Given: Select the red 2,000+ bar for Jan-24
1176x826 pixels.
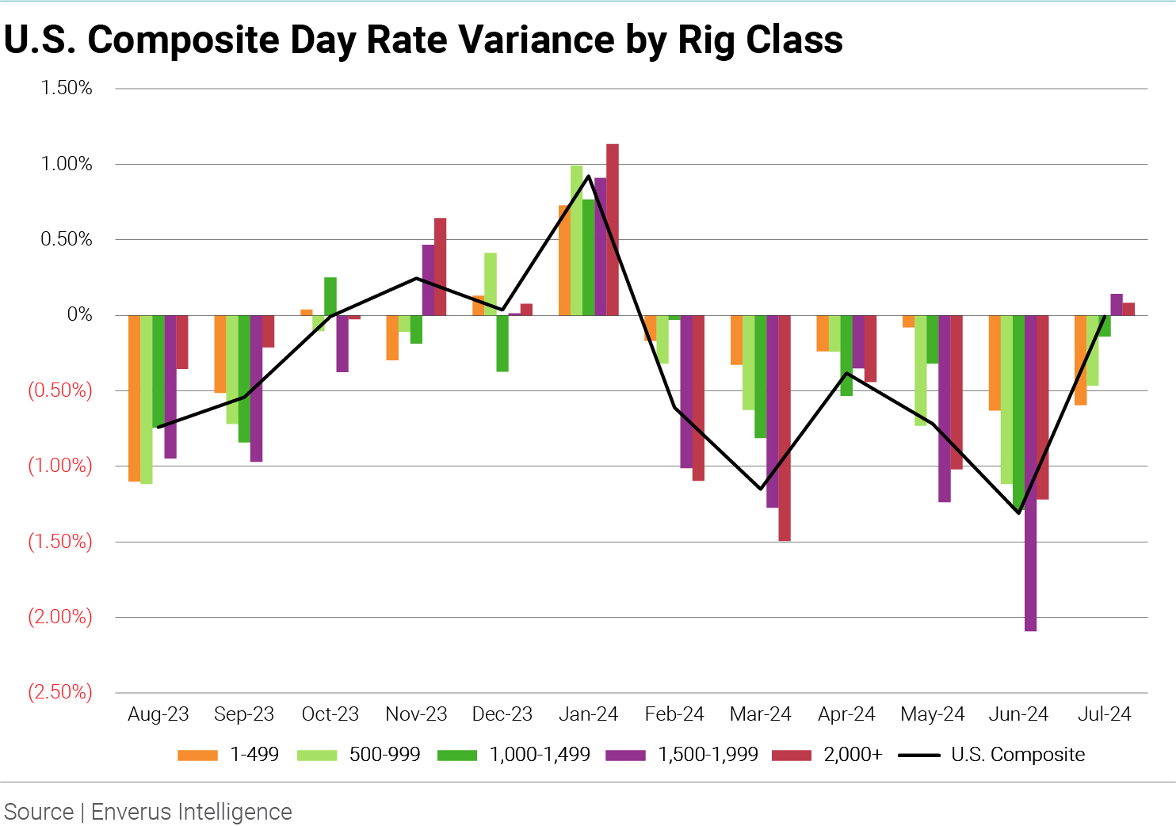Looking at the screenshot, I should (613, 230).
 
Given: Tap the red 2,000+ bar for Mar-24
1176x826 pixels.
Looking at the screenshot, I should (785, 428).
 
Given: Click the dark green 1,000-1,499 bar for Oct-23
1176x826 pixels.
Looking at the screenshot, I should (330, 296).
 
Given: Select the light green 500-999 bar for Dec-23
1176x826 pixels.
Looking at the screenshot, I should (491, 284).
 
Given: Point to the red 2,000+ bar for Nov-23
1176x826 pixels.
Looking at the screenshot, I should (441, 266).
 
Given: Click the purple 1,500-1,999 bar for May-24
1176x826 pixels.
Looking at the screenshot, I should (945, 408).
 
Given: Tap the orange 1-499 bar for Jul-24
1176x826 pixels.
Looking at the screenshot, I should (1080, 360).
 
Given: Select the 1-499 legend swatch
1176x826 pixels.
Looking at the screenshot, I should (197, 755).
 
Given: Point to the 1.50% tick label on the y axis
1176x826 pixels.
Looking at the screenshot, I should (67, 88).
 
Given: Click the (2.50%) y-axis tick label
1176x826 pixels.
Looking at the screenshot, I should (60, 692).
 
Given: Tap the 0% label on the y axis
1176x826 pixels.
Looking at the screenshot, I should (79, 314).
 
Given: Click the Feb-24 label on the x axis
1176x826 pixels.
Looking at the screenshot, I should (674, 714).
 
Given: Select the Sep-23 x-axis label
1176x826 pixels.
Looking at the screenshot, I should (244, 714).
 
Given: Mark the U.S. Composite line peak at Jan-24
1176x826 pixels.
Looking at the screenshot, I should (588, 176).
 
